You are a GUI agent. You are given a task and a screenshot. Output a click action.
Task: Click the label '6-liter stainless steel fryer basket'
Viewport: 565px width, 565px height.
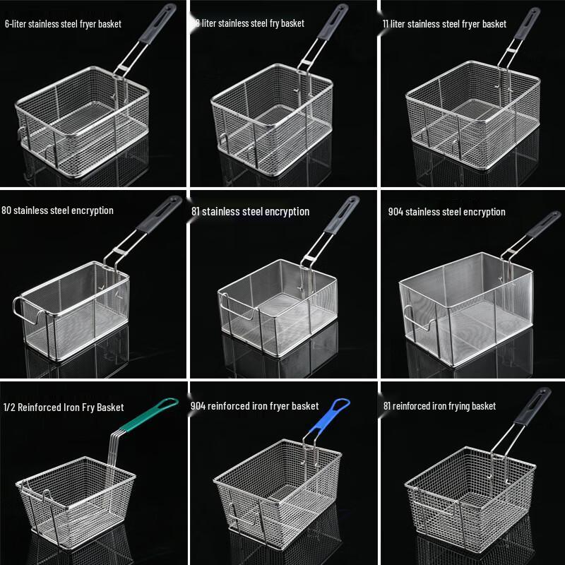63,24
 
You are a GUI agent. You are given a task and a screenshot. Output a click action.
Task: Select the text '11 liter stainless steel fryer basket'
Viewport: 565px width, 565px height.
444,24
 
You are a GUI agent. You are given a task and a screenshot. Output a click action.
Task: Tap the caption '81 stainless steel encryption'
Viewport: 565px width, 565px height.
250,211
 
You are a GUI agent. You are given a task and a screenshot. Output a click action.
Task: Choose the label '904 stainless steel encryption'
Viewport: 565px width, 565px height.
446,212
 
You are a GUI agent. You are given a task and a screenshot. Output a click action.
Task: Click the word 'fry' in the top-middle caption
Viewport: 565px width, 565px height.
270,24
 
